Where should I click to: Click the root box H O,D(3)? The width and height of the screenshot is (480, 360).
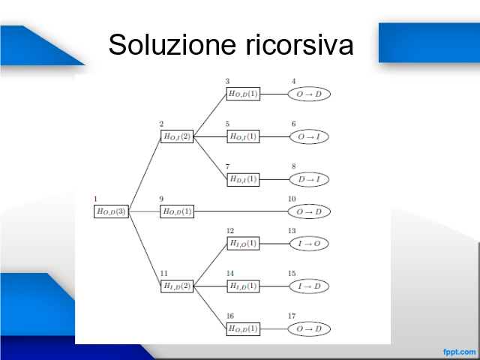point(111,211)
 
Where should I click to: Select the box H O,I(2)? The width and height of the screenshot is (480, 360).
point(177,136)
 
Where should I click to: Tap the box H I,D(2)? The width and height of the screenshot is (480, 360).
point(177,286)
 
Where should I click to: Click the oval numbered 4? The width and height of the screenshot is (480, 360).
point(309,94)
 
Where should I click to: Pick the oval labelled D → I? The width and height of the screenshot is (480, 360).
point(309,179)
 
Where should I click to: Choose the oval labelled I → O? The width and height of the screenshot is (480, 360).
point(309,244)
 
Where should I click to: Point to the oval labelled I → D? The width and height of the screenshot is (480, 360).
point(309,286)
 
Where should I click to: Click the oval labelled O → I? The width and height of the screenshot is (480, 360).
point(309,136)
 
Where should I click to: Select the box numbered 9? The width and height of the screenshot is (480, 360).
point(177,211)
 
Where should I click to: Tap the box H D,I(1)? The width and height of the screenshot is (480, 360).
point(243,179)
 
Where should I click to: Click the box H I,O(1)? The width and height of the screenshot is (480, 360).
point(243,244)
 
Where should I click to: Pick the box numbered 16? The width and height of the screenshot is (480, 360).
point(243,329)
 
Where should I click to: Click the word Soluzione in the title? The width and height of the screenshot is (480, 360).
point(172,45)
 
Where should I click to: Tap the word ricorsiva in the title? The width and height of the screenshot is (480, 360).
point(299,45)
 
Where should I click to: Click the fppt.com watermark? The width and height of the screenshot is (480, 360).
point(459,352)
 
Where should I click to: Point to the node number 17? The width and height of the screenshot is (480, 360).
point(292,316)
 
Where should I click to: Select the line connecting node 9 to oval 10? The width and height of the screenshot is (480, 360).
point(241,211)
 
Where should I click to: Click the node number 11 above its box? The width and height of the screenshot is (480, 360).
point(163,273)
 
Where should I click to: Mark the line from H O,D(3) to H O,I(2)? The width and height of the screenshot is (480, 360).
point(145,174)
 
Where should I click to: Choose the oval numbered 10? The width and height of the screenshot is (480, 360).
point(309,211)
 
